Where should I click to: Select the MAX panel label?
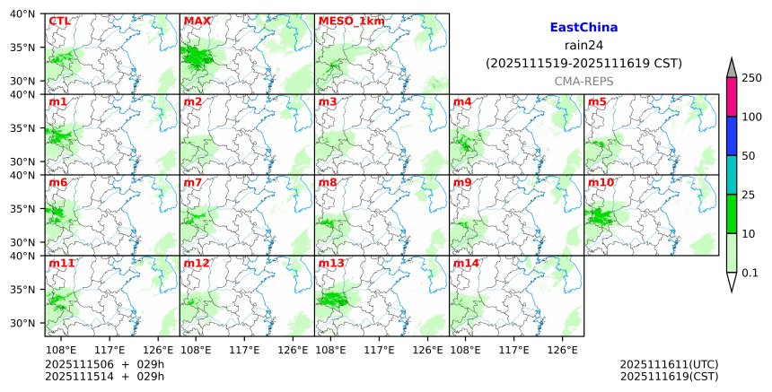click(196, 21)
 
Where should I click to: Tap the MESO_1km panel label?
click(346, 21)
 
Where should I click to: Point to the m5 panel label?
click(597, 101)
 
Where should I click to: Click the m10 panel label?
click(601, 182)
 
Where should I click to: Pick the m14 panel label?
click(465, 263)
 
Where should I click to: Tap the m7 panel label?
click(192, 182)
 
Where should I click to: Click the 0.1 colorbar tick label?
click(750, 273)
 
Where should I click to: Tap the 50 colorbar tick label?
click(749, 156)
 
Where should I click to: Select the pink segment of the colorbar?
click(731, 97)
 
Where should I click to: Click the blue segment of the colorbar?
click(731, 136)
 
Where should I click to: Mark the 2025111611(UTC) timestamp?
click(669, 364)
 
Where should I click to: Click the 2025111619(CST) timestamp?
click(669, 376)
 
